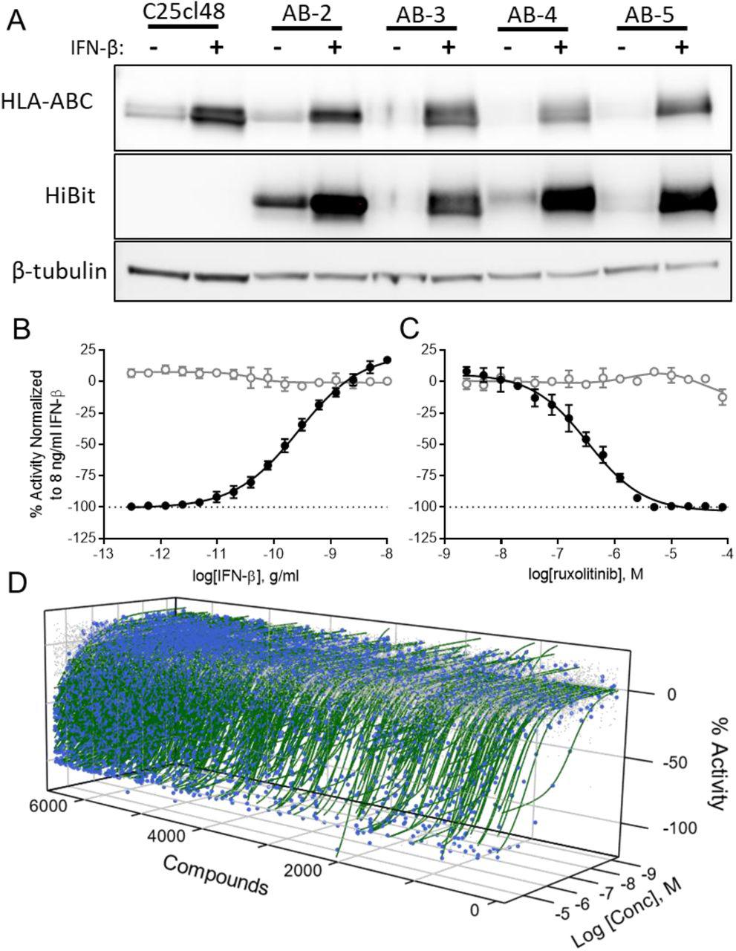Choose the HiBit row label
pyautogui.click(x=72, y=197)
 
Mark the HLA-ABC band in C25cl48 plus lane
pyautogui.click(x=218, y=115)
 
